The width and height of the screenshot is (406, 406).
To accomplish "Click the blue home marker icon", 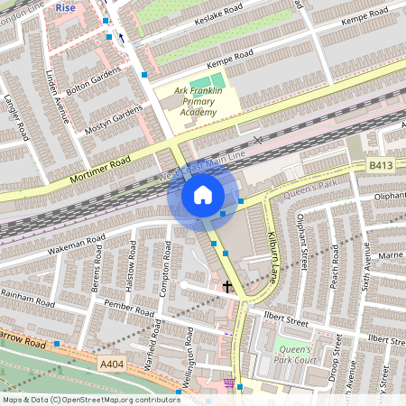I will tap(203, 195).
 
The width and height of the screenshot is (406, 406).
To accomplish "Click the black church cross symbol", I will tap(227, 287).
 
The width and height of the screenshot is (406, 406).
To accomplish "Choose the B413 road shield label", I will tap(380, 166).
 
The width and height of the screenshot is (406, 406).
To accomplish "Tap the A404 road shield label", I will tap(111, 359).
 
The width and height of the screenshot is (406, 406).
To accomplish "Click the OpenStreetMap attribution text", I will tap(91, 399).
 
